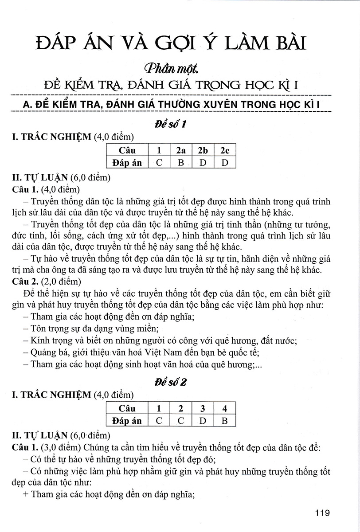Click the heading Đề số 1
click(170, 125)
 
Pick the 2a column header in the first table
click(180, 150)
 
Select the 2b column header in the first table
click(203, 150)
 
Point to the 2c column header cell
click(225, 150)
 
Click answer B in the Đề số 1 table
click(180, 162)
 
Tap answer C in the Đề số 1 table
click(159, 162)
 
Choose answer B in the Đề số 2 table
click(225, 420)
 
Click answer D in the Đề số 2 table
click(203, 420)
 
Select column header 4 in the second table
click(225, 408)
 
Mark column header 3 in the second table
click(203, 408)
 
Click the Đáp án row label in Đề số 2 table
click(127, 420)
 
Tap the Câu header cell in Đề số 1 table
click(127, 150)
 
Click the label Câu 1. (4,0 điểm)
click(46, 190)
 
